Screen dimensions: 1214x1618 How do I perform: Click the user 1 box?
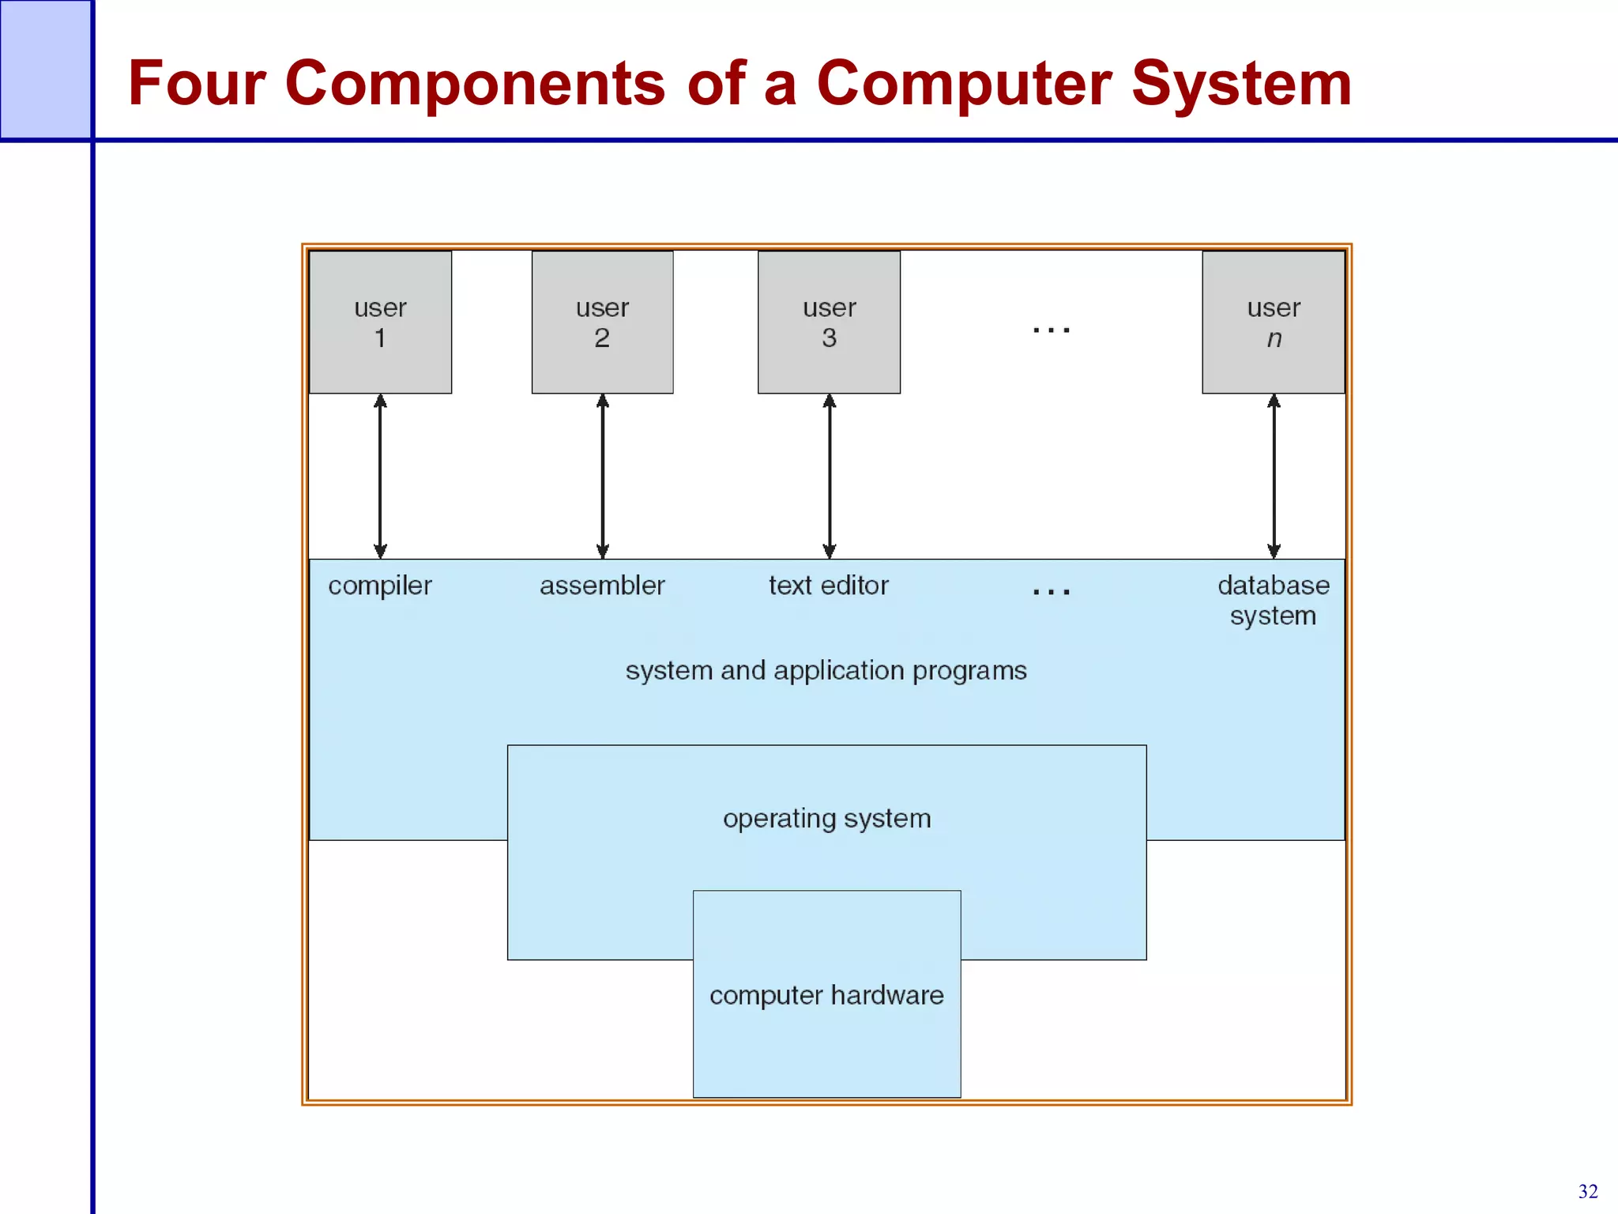point(380,322)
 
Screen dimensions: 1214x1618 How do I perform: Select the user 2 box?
point(602,322)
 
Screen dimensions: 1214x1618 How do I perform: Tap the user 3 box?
point(829,322)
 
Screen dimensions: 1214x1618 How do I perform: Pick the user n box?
point(1273,322)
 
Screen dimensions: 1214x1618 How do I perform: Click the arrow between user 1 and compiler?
point(380,477)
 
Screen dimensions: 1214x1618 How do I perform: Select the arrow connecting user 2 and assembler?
point(603,477)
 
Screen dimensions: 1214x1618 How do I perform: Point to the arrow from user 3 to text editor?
point(830,477)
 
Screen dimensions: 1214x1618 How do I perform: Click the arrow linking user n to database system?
point(1274,477)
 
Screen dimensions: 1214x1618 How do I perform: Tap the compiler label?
point(380,586)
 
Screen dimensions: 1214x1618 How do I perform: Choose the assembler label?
point(602,586)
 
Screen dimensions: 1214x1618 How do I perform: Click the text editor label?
point(829,586)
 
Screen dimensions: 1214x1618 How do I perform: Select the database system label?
point(1273,600)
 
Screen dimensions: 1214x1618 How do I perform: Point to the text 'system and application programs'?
point(826,671)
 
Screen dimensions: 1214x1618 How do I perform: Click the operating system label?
point(827,819)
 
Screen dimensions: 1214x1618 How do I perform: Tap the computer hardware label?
point(826,995)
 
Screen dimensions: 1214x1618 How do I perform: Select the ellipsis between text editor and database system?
point(1052,591)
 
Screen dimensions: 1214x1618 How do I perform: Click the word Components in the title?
point(475,83)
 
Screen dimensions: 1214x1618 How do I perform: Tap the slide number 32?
point(1588,1191)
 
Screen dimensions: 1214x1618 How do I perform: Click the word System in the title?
point(1241,83)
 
